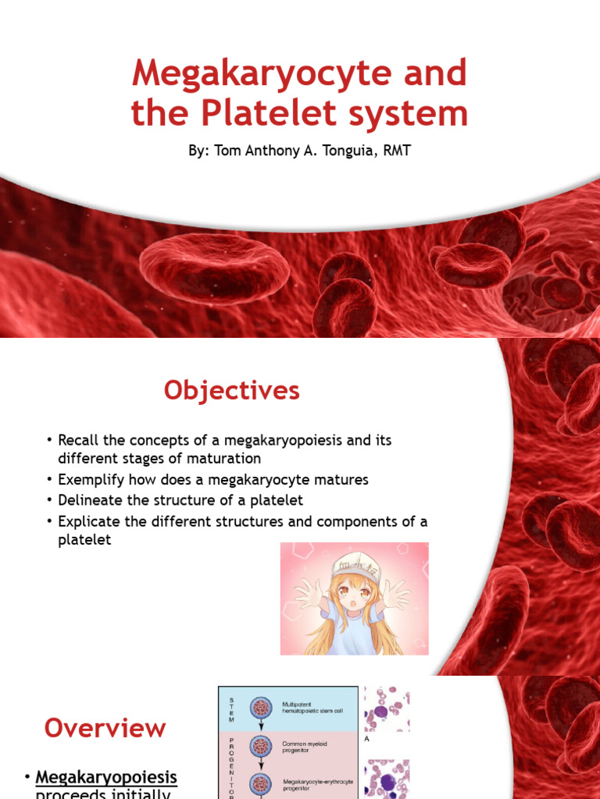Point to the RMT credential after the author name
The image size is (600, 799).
point(395,150)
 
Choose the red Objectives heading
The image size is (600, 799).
point(231,390)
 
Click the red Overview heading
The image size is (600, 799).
point(105,728)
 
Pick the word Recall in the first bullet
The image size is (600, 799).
point(79,440)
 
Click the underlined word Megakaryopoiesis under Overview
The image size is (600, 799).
point(107,778)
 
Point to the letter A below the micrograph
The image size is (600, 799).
point(367,738)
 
